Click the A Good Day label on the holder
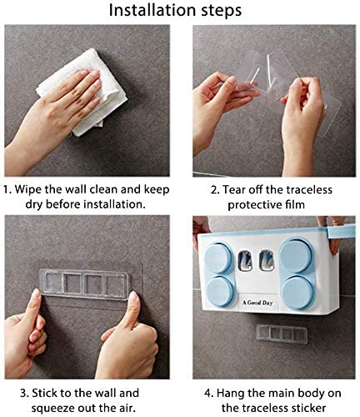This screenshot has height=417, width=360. pyautogui.click(x=257, y=303)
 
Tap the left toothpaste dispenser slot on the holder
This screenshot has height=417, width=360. pyautogui.click(x=245, y=261)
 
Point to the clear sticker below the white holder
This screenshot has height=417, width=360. pyautogui.click(x=282, y=334)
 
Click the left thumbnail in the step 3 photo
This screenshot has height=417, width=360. pyautogui.click(x=36, y=294)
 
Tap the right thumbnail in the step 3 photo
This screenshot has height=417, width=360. pyautogui.click(x=133, y=297)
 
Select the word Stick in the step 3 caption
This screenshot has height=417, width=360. pyautogui.click(x=45, y=394)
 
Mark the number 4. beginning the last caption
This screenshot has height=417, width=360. pyautogui.click(x=209, y=394)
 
